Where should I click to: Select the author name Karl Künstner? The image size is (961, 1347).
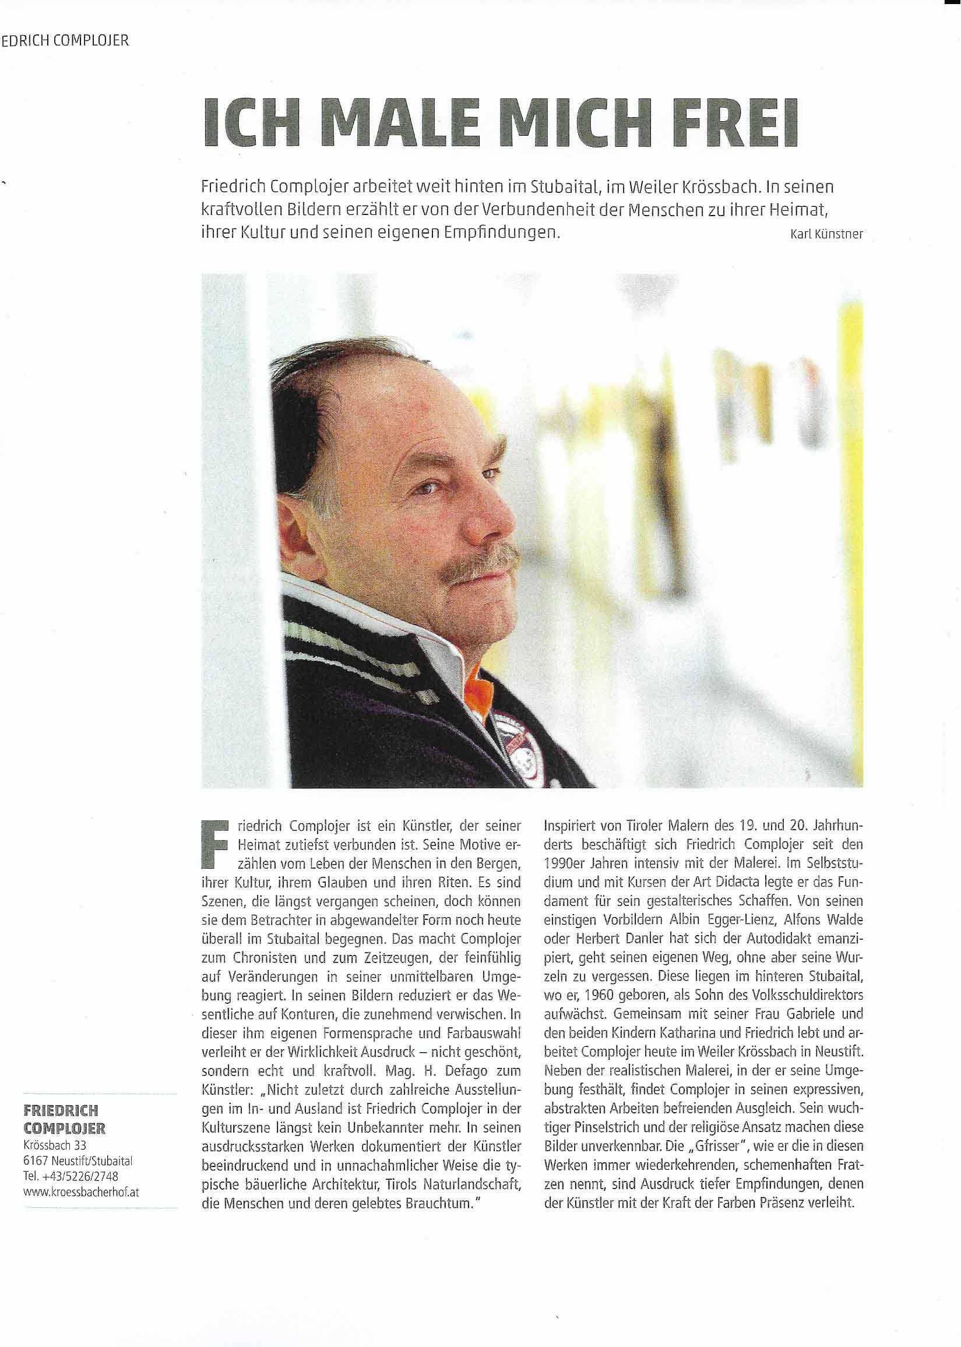tap(826, 234)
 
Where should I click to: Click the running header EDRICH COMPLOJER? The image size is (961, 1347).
tap(65, 41)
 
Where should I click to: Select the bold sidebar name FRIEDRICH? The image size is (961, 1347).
tap(61, 1110)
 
